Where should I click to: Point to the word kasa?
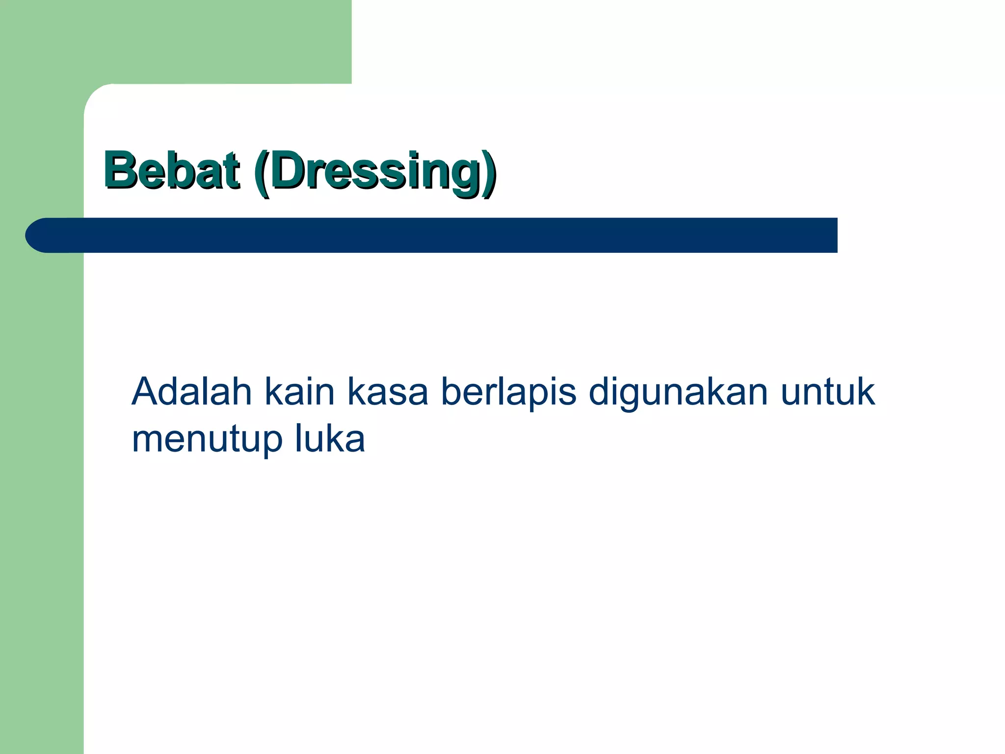click(388, 393)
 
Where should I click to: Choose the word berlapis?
click(508, 393)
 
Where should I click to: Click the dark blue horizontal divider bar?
click(442, 235)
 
